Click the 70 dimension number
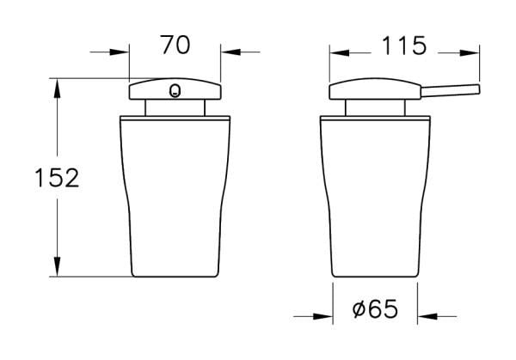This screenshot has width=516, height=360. coord(175,45)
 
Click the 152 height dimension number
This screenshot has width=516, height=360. coord(57,178)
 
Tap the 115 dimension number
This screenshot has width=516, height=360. coord(404,46)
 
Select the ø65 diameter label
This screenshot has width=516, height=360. coord(375,308)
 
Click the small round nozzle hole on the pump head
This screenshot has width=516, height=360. coord(175,91)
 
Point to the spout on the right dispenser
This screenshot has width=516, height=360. coord(450,91)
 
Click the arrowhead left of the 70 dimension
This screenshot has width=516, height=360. coord(120,52)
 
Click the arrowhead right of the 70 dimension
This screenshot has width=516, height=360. coord(230,52)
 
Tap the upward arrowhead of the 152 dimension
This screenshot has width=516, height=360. coord(58,88)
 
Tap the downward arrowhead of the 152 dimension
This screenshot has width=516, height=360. coord(58,266)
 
